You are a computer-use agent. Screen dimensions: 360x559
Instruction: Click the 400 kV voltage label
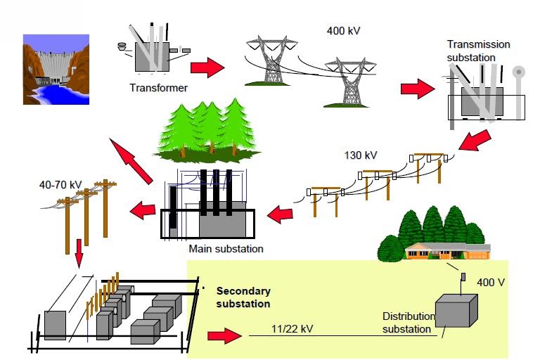click(345, 31)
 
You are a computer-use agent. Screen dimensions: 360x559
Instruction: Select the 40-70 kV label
click(60, 185)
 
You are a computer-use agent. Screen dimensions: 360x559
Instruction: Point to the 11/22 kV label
click(290, 328)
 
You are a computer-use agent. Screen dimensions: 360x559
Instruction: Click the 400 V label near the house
click(490, 282)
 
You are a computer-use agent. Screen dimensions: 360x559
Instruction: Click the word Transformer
click(158, 88)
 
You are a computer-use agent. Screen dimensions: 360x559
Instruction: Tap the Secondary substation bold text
click(243, 297)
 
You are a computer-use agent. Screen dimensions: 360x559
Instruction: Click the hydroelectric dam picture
click(56, 69)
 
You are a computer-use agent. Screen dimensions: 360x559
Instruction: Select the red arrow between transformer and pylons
click(207, 67)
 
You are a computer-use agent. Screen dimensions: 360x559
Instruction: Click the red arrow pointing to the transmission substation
click(418, 89)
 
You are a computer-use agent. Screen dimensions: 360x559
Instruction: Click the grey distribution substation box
click(456, 310)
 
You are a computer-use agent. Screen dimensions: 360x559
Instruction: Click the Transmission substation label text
click(479, 51)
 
